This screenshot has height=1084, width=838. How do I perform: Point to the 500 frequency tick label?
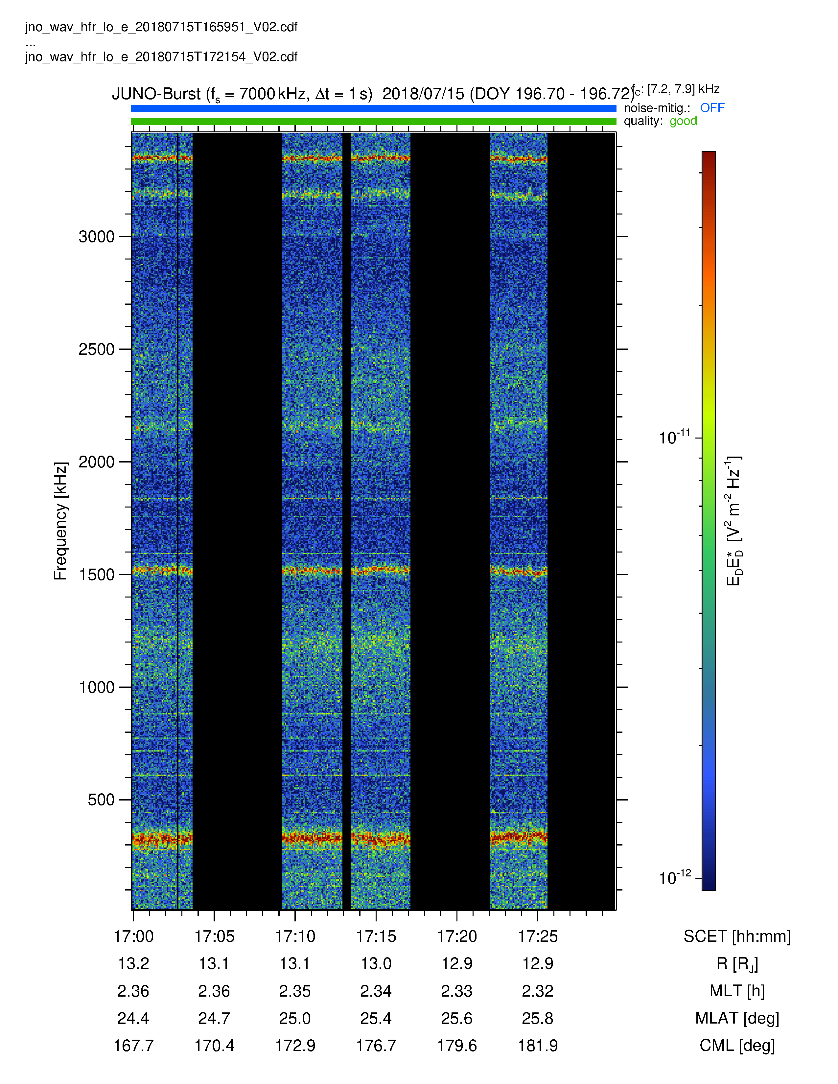101,800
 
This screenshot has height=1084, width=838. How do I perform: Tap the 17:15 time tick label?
376,937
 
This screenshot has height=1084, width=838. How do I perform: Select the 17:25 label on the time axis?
538,937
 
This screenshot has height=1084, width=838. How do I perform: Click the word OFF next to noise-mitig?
712,108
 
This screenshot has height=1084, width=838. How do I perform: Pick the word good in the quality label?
683,121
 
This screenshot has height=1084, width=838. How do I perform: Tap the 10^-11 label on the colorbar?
675,437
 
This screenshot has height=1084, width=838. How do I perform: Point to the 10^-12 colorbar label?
675,877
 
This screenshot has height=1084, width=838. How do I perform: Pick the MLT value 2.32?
538,991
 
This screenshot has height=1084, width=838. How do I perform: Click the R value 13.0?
376,964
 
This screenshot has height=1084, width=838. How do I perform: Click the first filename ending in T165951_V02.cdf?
161,27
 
